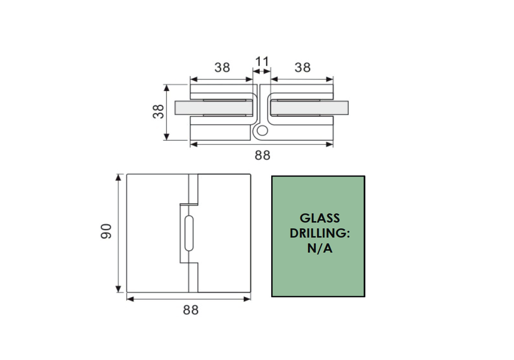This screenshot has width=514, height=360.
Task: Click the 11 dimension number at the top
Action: (262, 61)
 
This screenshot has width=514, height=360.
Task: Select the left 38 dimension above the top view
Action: (222, 68)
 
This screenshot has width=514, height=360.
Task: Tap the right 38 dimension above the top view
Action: (302, 68)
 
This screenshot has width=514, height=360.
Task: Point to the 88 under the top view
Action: (263, 155)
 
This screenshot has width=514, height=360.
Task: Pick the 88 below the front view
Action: (191, 310)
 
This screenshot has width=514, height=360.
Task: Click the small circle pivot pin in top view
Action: (262, 130)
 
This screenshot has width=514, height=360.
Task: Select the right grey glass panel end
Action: (341, 108)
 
